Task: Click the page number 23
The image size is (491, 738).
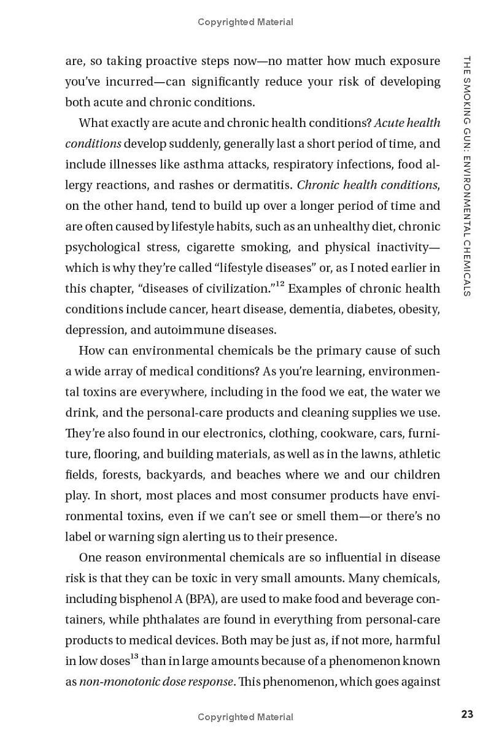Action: tap(467, 714)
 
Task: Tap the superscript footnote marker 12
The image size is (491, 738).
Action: tap(279, 283)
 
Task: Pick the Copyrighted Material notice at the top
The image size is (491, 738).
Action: tap(245, 22)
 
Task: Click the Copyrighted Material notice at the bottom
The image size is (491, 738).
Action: tap(245, 717)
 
